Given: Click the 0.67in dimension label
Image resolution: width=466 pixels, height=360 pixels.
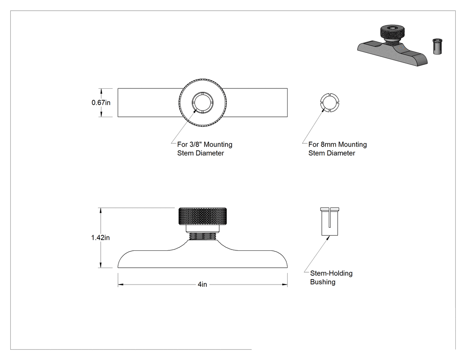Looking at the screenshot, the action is [101, 103].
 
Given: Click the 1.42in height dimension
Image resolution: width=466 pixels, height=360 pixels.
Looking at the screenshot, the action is [100, 237].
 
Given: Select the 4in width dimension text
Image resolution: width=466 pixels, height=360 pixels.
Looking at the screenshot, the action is [202, 285].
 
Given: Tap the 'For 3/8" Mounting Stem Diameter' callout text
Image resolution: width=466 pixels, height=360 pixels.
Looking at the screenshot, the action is [205, 149].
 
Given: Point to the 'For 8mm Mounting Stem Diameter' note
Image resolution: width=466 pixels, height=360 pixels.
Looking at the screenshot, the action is [338, 149].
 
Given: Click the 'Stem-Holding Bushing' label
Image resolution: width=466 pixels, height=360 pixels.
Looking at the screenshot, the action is [332, 277].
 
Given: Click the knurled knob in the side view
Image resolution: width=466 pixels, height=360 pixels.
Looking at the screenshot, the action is [203, 216].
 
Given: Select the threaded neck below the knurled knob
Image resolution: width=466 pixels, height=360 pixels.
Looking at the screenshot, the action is [203, 236].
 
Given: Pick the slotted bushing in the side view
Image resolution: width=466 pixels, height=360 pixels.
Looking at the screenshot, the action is [330, 222].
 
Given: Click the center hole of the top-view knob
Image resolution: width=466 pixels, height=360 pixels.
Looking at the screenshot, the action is [203, 103].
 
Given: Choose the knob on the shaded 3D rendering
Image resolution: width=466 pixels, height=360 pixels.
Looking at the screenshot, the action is [392, 33].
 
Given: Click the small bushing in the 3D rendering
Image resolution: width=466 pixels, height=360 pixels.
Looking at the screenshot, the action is [437, 46].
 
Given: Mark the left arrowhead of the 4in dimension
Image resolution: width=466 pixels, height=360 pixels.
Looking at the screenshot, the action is [120, 285].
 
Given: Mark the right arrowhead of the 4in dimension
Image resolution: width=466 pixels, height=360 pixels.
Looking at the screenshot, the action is [285, 285].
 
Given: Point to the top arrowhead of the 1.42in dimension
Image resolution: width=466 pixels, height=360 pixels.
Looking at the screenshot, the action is [101, 210].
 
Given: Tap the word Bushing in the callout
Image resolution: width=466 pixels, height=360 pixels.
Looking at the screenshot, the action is [323, 282].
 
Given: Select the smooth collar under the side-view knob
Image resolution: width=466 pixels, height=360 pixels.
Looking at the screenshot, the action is [203, 229].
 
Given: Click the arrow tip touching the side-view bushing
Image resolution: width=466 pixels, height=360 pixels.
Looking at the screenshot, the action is [329, 236].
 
